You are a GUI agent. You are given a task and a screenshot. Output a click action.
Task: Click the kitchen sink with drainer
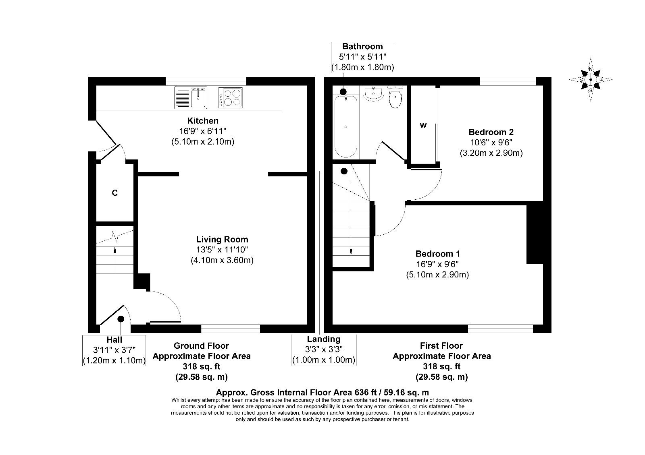(x=191, y=97)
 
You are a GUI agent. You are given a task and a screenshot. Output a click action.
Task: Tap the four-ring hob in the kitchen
(x=230, y=97)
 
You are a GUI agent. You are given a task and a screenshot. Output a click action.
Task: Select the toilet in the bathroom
(x=395, y=97)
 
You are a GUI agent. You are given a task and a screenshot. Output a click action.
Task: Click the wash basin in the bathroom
(x=373, y=93)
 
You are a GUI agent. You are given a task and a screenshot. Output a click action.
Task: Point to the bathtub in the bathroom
(x=346, y=126)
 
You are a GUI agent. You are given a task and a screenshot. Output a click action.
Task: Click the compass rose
(x=591, y=80)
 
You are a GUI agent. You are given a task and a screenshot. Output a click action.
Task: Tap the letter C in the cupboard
(x=114, y=193)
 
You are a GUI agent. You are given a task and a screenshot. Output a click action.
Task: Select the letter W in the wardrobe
(x=423, y=125)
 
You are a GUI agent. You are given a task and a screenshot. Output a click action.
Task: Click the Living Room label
(x=222, y=239)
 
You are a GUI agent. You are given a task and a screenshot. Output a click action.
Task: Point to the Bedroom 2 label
(x=491, y=132)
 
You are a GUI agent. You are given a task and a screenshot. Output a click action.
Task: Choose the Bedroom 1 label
(x=437, y=254)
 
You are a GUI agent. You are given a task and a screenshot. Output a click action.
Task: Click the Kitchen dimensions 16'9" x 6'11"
(x=203, y=131)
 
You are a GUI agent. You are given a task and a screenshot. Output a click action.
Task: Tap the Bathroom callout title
(x=362, y=46)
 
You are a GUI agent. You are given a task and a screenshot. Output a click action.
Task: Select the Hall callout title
(x=114, y=340)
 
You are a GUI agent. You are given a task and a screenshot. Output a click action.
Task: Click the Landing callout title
(x=324, y=339)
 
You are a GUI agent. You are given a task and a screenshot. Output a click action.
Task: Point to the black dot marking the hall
(x=121, y=318)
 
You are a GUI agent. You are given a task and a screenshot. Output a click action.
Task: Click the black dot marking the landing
(x=344, y=171)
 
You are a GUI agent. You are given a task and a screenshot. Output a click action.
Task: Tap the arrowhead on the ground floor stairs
(x=115, y=250)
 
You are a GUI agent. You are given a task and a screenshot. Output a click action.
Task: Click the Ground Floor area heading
(x=201, y=345)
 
